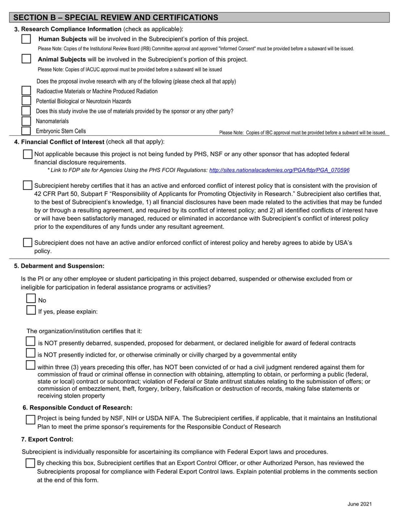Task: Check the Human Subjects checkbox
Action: pos(26,39)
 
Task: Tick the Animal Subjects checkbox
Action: pos(26,59)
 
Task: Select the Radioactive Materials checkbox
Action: pos(26,91)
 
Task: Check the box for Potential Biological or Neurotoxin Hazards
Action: pos(26,101)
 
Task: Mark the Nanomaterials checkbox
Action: pos(26,121)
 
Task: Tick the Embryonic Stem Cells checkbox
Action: pos(26,131)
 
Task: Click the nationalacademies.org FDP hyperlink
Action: pos(279,170)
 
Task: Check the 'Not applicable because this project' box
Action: pos(28,154)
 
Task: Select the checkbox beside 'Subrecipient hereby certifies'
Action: pos(28,185)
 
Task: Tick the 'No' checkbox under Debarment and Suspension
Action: pos(31,299)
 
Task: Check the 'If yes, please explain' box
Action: pos(31,310)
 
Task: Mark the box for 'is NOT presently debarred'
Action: pos(31,342)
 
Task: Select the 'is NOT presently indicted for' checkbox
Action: pos(31,353)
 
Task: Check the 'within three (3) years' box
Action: pos(31,366)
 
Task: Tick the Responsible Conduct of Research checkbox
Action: pos(30,420)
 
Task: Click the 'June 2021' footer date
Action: pos(360,505)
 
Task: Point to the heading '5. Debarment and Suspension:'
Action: pos(59,266)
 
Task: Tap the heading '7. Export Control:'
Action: pos(47,439)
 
